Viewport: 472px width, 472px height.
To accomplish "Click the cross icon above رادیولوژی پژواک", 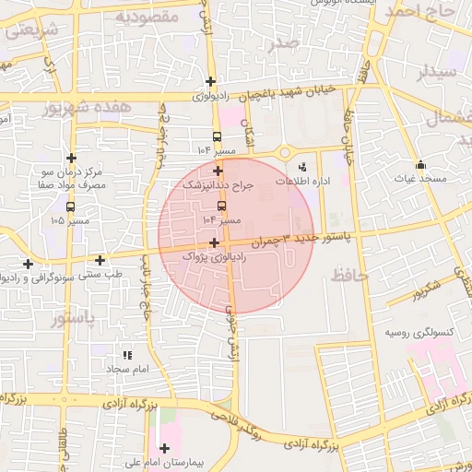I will (x=215, y=243).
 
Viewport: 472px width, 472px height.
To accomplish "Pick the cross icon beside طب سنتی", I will (x=100, y=260).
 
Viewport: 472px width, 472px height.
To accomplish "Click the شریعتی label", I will (x=33, y=29).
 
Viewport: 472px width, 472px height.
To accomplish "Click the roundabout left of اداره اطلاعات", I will (x=284, y=153).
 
